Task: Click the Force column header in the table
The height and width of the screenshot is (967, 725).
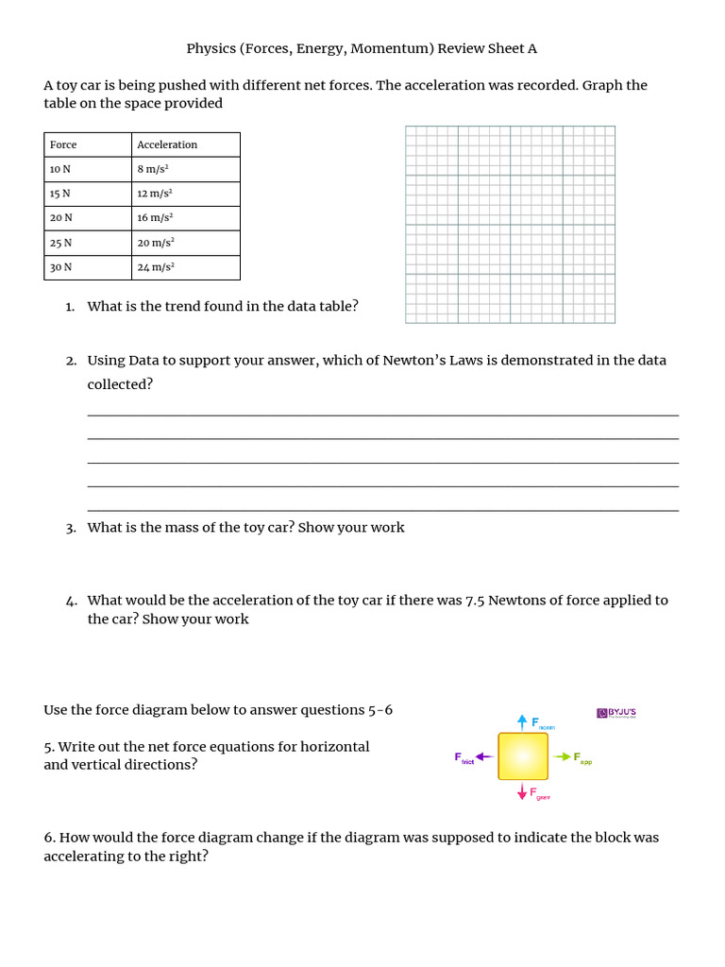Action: coord(63,144)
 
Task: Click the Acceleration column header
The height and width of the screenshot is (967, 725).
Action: coord(167,144)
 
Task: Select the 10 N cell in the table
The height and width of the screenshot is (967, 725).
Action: coord(60,169)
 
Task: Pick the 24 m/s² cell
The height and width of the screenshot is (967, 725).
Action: coord(156,267)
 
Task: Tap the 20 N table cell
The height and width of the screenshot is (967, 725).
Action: coord(61,218)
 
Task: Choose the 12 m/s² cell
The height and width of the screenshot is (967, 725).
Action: coord(156,194)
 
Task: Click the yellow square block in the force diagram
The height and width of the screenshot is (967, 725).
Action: coord(523,756)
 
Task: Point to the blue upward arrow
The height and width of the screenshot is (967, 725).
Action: coord(522,721)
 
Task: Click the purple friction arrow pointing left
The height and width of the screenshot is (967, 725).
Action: coord(484,756)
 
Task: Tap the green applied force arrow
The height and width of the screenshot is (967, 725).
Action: coord(562,756)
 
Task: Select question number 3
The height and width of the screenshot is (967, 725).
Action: coord(71,528)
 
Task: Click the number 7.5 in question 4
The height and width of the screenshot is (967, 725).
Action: coord(477,601)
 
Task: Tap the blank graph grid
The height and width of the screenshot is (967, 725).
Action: coord(510,225)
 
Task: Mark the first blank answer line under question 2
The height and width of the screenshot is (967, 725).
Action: coord(382,415)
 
